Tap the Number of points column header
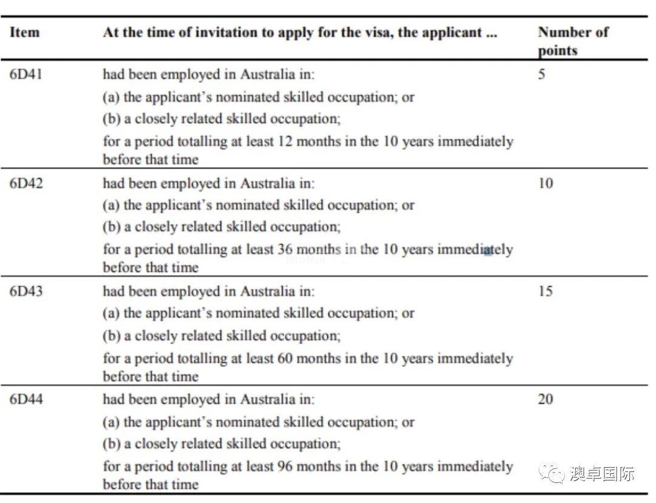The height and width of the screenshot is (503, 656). (x=572, y=41)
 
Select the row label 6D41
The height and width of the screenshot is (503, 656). (x=26, y=75)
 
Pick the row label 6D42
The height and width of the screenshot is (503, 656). (x=26, y=183)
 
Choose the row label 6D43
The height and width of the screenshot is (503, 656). (x=26, y=291)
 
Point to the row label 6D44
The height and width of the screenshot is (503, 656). (x=26, y=400)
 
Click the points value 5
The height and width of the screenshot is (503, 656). (x=541, y=75)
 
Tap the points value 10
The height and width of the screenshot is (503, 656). (x=545, y=183)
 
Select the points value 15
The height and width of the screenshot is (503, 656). (x=545, y=291)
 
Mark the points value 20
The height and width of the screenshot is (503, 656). (x=545, y=400)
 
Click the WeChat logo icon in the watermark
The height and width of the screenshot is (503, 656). (x=553, y=473)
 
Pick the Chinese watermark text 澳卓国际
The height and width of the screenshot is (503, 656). (x=602, y=473)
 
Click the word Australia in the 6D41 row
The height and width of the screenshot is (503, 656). (x=276, y=75)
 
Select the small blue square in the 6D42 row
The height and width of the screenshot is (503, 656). (x=487, y=250)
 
